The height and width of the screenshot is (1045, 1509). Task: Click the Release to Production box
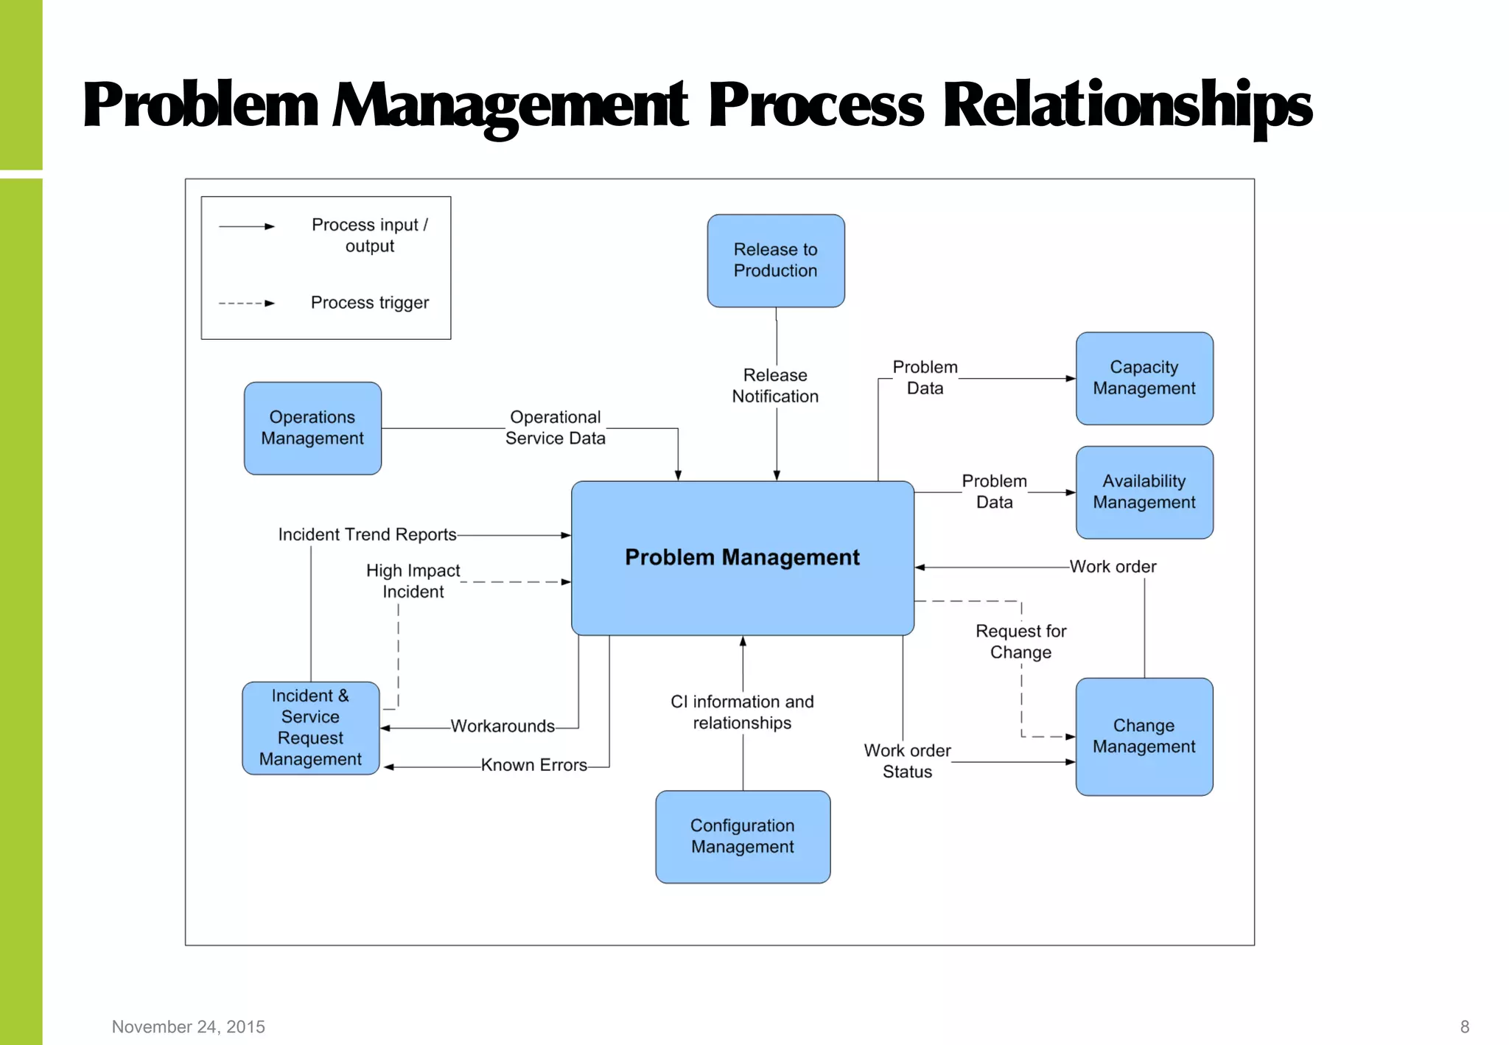775,261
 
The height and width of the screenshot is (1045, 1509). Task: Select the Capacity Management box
1144,378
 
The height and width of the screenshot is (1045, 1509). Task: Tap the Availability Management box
1144,492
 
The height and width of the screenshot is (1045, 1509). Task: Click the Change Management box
1144,736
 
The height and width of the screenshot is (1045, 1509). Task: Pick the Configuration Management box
742,836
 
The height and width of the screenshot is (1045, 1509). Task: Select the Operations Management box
312,428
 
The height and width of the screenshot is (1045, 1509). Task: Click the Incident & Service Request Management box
310,727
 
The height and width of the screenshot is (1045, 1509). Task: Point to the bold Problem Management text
742,557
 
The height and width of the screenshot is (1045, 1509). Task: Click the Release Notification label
775,386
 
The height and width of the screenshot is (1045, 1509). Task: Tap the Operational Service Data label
556,428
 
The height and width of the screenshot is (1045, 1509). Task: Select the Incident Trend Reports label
367,535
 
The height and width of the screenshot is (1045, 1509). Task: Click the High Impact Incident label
413,581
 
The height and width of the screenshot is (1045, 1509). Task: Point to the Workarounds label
503,727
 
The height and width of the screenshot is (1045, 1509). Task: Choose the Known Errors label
534,766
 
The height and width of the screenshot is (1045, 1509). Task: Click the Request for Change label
1020,642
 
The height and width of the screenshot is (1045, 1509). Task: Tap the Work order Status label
907,761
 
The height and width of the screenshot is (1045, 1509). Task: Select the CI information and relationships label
742,713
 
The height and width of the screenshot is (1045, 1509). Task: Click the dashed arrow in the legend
246,303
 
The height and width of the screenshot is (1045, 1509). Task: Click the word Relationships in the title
1127,106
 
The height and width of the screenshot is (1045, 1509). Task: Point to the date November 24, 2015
188,1027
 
